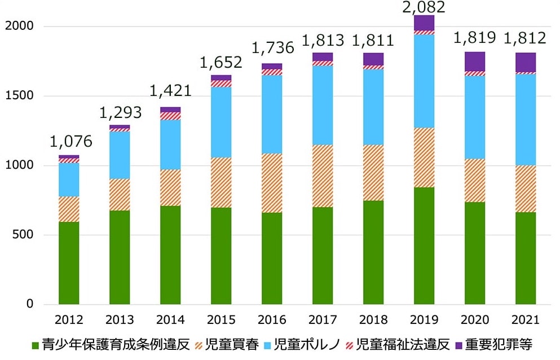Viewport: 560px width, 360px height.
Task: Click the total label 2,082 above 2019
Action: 424,7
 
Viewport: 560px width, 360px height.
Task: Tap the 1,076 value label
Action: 69,141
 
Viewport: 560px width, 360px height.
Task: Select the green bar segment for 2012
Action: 69,263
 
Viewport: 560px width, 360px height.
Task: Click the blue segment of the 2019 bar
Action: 424,81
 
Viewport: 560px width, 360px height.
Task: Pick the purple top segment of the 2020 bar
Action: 474,62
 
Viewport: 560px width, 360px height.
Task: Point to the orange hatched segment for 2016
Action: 272,183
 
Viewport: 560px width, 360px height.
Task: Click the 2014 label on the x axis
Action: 170,320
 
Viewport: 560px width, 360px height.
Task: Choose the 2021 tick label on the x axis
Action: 525,320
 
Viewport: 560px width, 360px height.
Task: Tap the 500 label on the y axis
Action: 24,235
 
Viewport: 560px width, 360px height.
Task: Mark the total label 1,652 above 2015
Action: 221,62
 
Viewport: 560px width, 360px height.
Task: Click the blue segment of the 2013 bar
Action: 120,155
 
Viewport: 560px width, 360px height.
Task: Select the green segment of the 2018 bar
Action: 373,252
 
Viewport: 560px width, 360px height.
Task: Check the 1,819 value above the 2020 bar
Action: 474,38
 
